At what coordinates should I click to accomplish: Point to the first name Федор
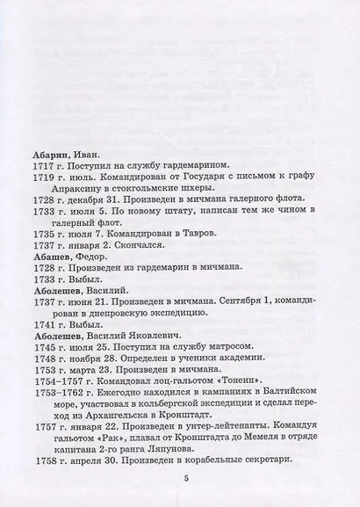[95, 250]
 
